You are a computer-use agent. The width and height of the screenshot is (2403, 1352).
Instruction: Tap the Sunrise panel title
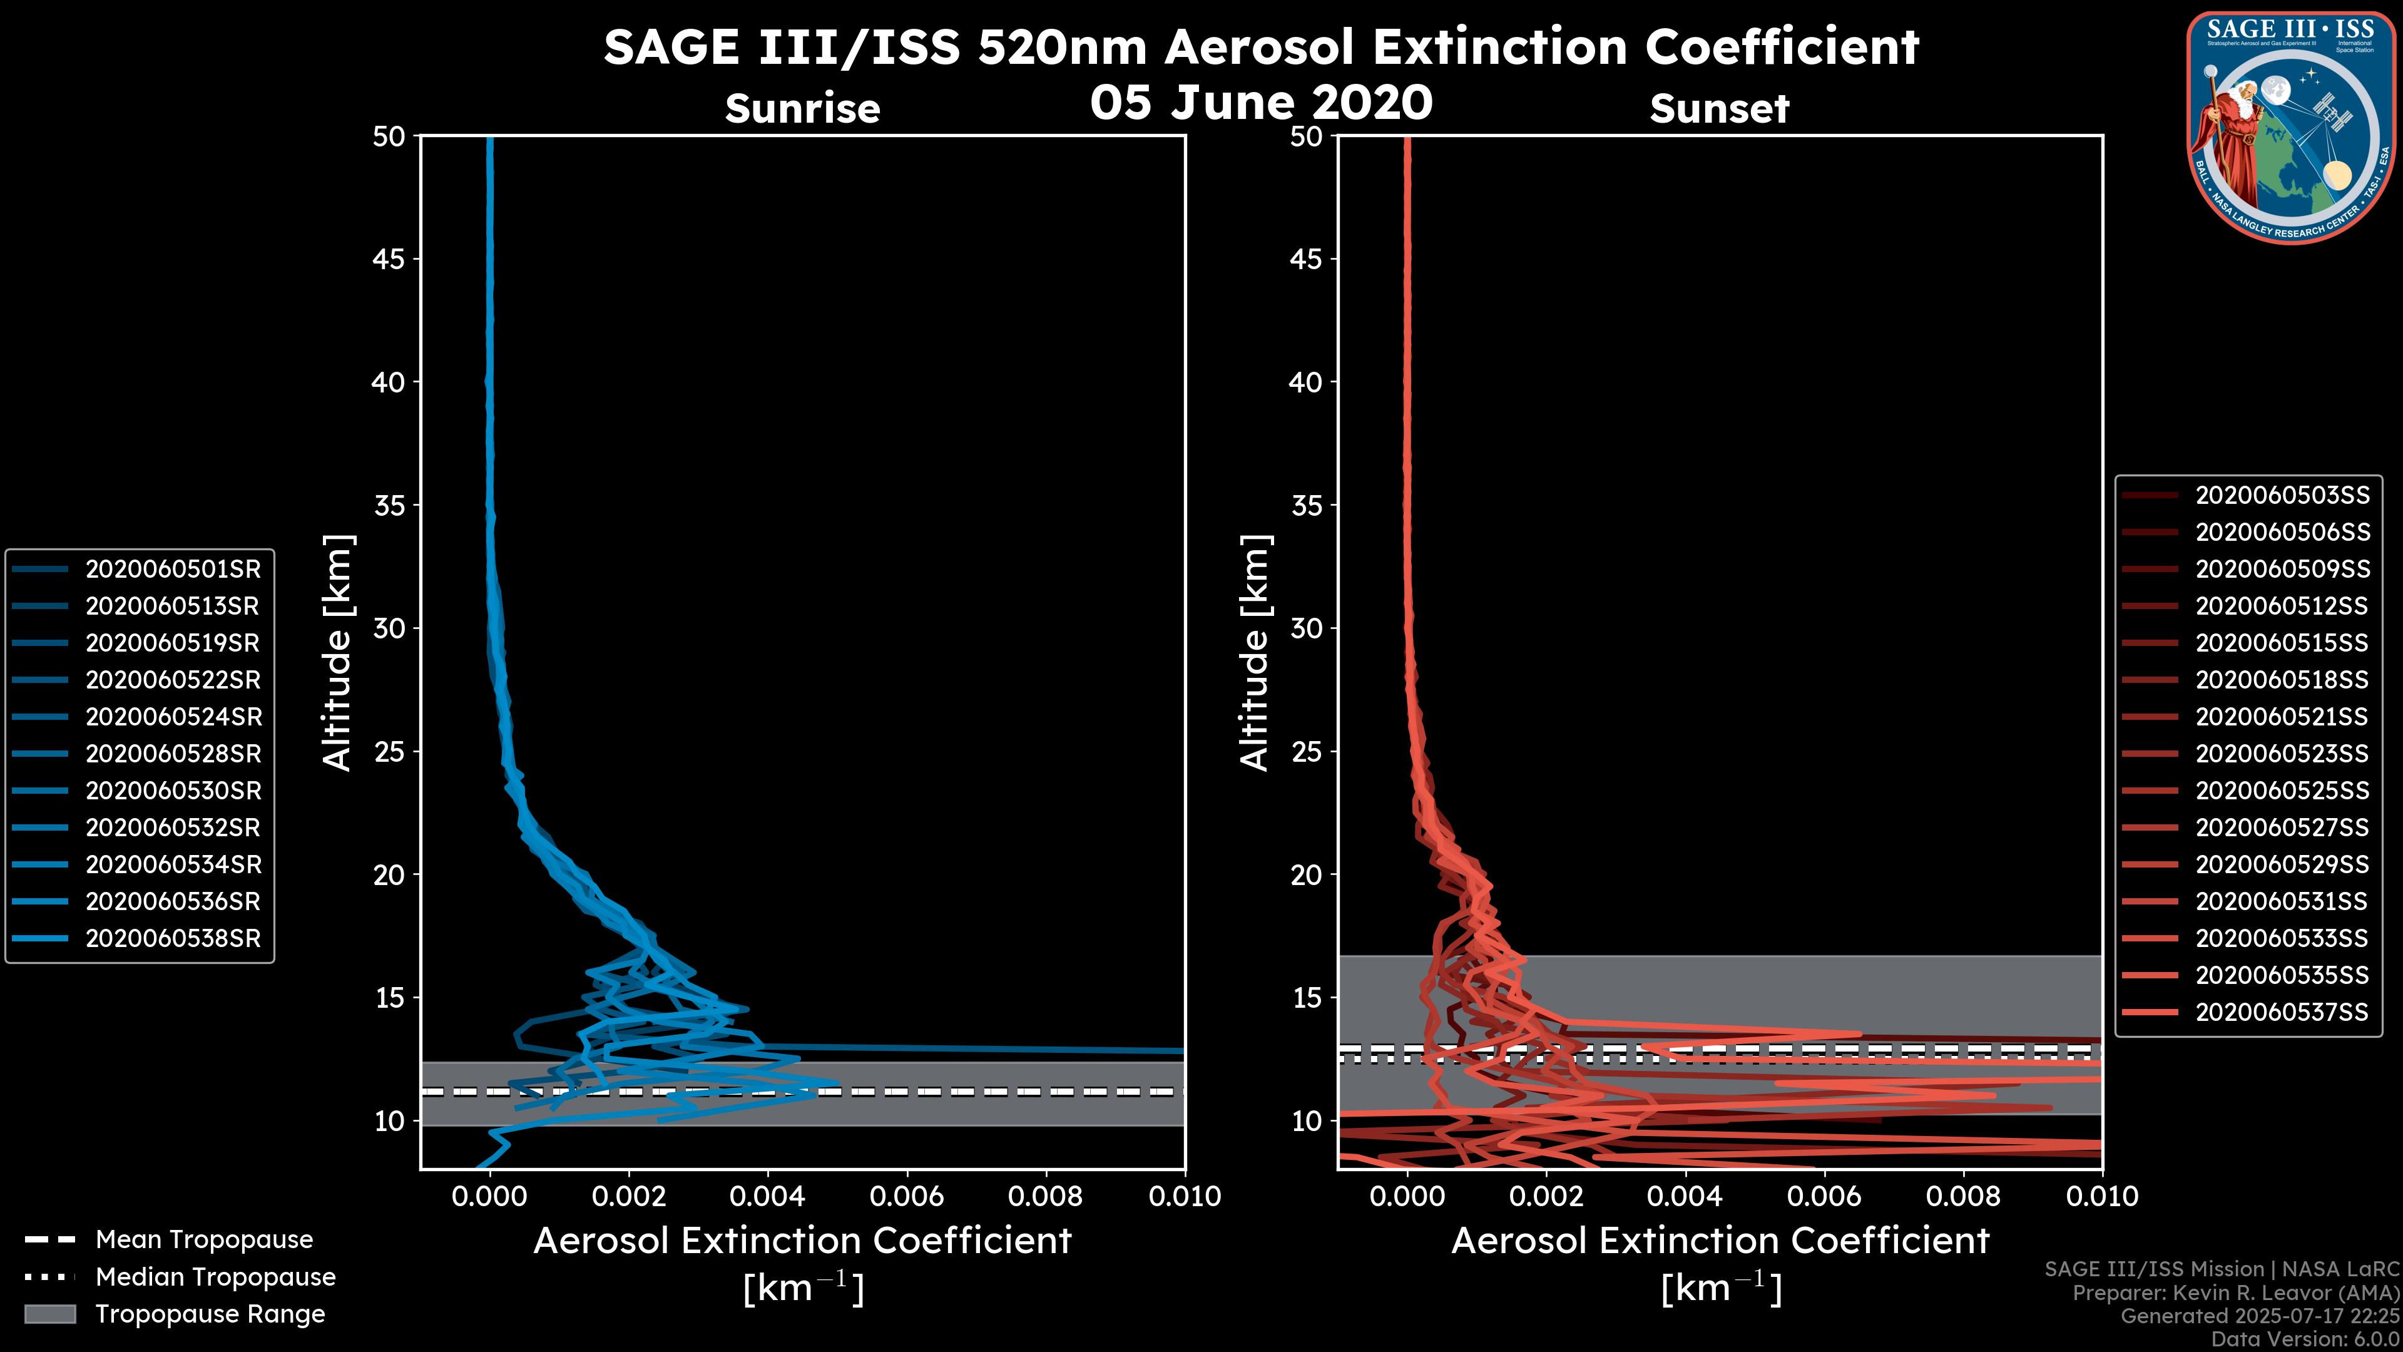802,109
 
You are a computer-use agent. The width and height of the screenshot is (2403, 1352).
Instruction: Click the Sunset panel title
1719,109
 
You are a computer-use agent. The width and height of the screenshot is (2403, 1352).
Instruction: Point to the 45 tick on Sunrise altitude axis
388,259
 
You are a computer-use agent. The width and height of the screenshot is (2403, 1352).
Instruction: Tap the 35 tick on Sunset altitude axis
1307,506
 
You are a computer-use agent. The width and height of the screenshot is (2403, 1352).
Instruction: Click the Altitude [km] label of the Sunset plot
1255,653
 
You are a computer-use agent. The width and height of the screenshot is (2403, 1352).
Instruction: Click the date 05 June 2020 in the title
1261,101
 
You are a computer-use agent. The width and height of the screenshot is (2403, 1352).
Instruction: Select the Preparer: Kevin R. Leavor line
2235,1293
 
